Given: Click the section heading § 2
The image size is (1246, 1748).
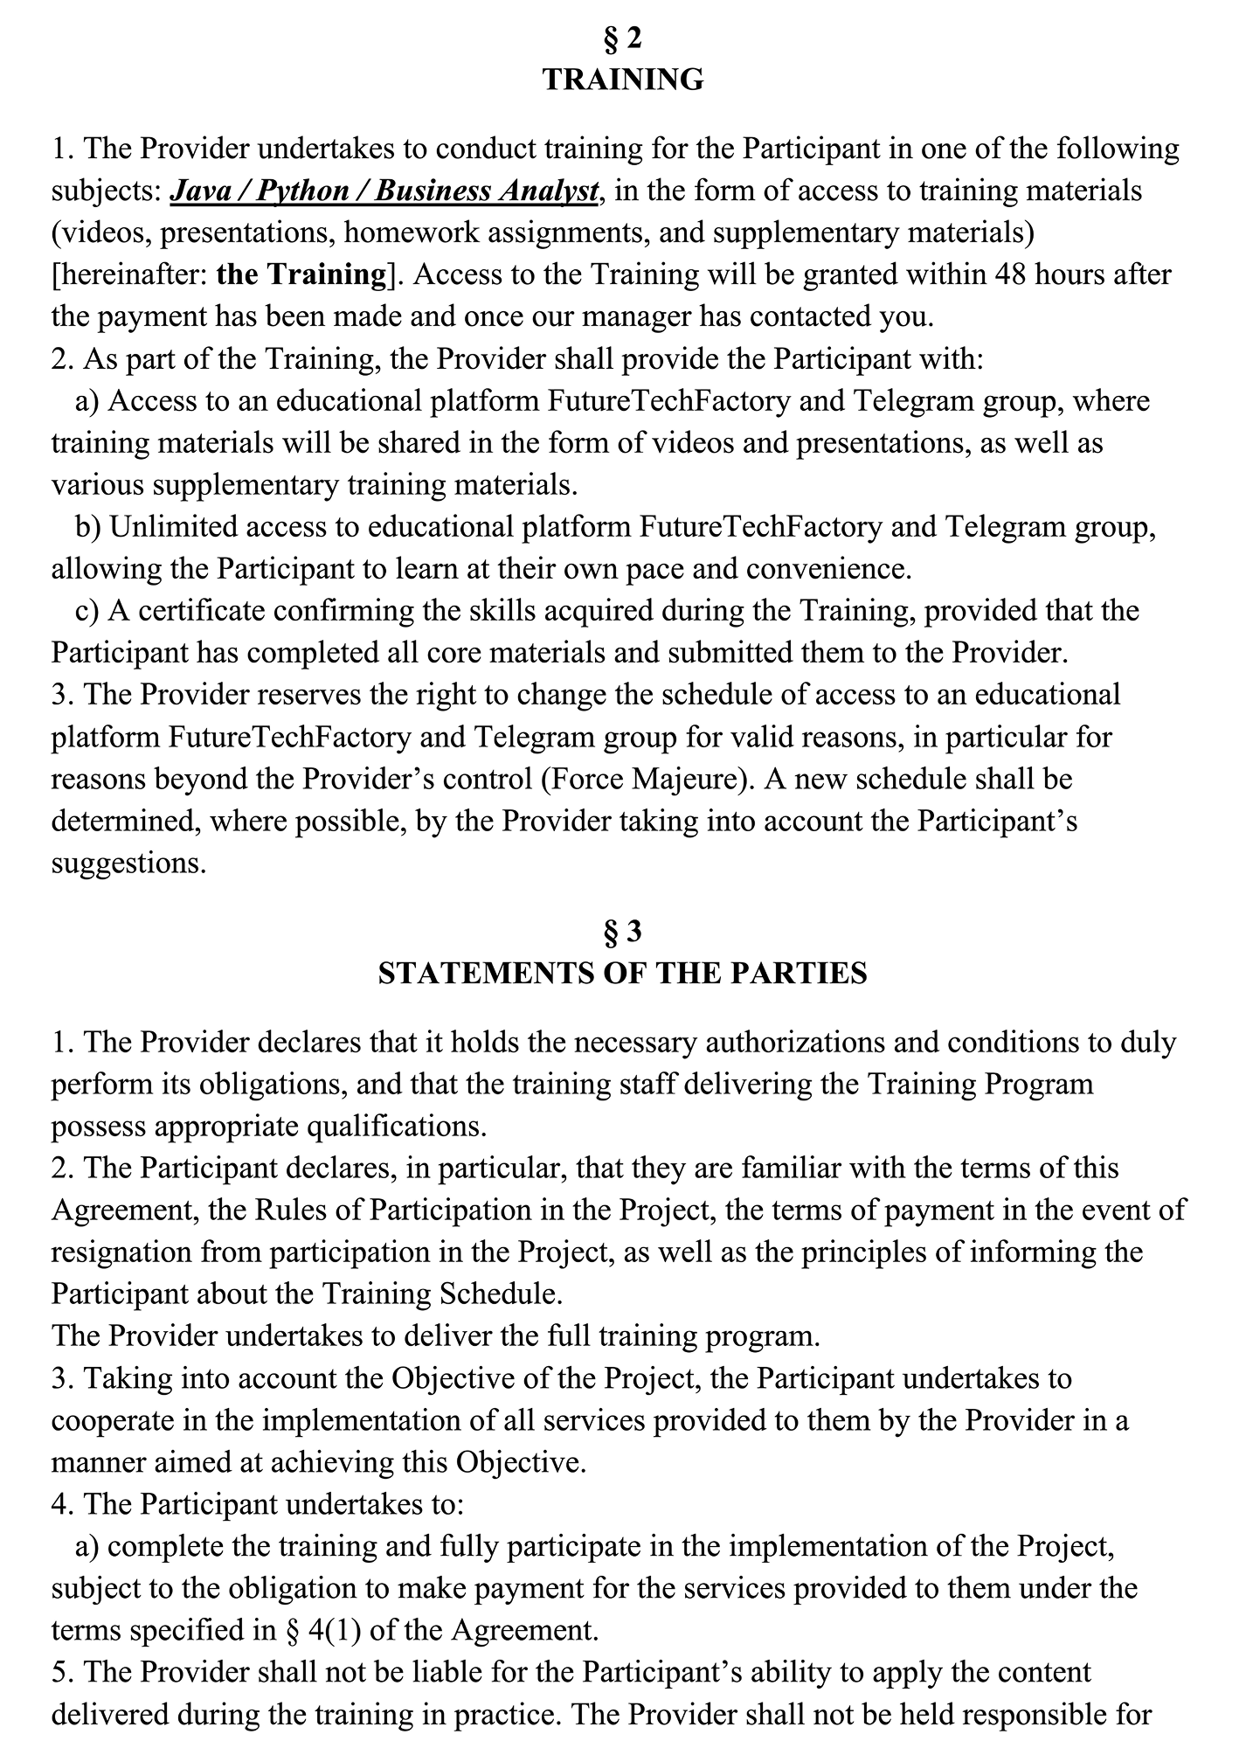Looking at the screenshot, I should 623,38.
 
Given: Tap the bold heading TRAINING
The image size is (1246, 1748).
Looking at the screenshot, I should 623,80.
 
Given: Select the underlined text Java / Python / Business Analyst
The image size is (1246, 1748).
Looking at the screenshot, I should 384,191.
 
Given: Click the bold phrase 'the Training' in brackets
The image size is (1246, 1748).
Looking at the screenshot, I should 301,274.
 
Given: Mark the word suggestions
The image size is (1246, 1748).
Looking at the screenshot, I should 128,863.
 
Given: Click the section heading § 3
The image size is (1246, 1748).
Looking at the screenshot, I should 623,933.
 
